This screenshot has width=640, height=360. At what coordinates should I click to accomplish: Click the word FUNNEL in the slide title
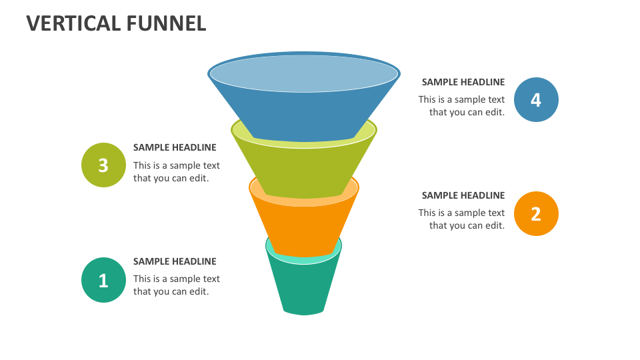[165, 23]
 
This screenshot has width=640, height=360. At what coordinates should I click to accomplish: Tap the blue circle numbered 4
[537, 99]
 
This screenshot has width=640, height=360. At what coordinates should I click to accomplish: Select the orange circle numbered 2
[537, 213]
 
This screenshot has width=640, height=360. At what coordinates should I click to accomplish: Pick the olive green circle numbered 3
[103, 165]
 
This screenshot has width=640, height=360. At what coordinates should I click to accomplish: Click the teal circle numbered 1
[103, 280]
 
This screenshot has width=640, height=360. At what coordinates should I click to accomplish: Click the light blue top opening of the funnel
[304, 73]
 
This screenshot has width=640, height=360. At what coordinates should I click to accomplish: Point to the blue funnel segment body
[304, 113]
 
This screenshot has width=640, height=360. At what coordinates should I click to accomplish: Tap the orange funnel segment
[304, 227]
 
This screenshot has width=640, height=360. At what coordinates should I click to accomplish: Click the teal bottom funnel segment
[304, 287]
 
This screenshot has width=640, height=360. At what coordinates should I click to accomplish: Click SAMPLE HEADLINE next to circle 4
[463, 82]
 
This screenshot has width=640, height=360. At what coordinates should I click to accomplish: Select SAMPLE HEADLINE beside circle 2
[463, 195]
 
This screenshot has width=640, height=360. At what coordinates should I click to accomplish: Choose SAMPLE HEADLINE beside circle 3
[175, 147]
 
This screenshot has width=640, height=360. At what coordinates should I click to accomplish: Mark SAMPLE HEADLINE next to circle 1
[175, 261]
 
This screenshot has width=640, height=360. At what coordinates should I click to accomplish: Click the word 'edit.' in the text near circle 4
[494, 112]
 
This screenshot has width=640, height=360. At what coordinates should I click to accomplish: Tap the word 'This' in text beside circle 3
[142, 165]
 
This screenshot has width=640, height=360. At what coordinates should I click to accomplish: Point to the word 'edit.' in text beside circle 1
[198, 291]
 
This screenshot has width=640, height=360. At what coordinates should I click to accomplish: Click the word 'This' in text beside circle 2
[427, 213]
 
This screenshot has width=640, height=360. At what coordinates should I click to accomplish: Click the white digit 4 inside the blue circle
[537, 99]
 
